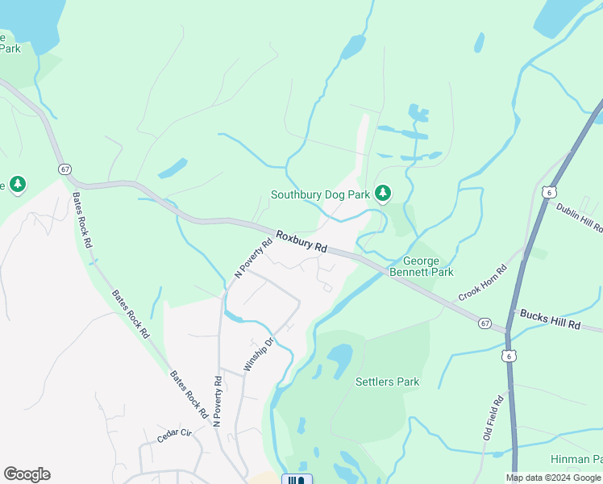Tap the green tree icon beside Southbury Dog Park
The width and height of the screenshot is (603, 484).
383,193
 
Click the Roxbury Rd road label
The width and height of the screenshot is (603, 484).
301,241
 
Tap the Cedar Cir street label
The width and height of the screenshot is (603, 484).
175,435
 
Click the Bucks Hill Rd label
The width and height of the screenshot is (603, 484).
550,319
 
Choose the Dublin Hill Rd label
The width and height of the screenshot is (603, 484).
579,218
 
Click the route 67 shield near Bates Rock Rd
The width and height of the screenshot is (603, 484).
64,169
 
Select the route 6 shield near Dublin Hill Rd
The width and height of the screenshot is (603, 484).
549,192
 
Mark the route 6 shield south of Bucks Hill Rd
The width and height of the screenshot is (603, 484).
509,354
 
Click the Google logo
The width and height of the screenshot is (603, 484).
27,474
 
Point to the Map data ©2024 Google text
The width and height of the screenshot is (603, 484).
553,478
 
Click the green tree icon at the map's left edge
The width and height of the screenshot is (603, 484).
17,185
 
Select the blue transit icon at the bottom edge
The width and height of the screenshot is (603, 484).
297,479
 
